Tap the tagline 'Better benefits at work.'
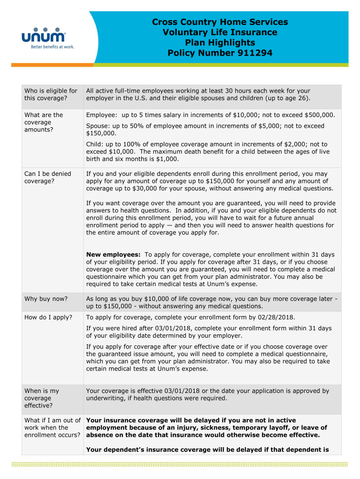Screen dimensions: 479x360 52,47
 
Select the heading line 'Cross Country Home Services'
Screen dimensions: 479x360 220,22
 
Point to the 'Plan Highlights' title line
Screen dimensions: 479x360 220,43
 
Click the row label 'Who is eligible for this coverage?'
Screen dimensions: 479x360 50,94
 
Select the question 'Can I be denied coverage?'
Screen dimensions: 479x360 48,177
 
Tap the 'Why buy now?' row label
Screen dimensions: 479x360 46,298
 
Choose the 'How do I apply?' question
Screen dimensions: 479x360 48,318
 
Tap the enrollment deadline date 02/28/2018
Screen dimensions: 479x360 278,318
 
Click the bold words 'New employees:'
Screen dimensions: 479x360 114,254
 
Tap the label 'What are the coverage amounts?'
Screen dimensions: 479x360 43,122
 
